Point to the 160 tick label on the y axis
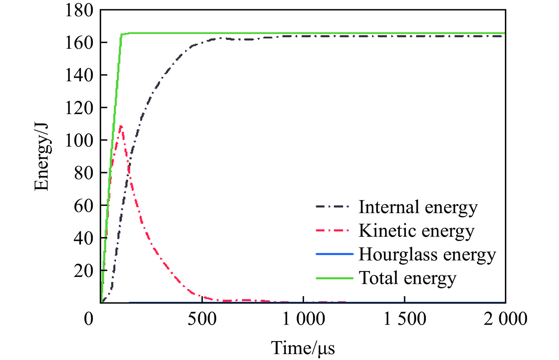(79, 43)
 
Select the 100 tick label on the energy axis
(79, 140)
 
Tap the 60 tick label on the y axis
(83, 206)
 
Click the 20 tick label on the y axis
(83, 271)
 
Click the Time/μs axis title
(303, 348)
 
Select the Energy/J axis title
(41, 157)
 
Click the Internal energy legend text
(418, 207)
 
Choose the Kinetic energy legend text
(416, 231)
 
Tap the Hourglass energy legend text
(427, 254)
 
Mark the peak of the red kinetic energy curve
(121, 126)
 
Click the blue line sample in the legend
(335, 254)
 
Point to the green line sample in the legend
(335, 278)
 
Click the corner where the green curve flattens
(122, 34)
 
